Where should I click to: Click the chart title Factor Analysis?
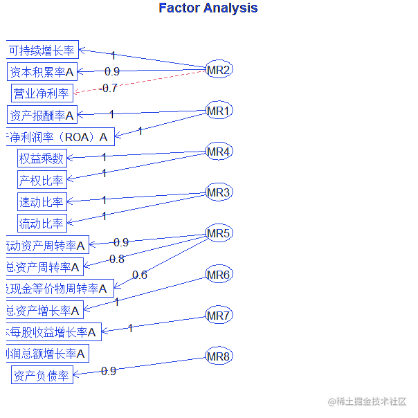tap(208, 8)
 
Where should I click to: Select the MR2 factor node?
tap(219, 70)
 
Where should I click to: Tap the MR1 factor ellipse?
tap(219, 111)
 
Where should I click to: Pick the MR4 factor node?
tap(219, 152)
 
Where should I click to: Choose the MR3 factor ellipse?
tap(219, 192)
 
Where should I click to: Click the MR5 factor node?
tap(219, 233)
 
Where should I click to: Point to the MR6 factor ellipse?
tap(219, 275)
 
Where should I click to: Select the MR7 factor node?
tap(219, 316)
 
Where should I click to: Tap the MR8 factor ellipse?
tap(219, 356)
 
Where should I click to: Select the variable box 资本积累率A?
tap(42, 72)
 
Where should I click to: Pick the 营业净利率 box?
tap(42, 93)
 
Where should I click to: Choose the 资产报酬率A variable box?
tap(42, 116)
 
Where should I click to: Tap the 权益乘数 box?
tap(42, 158)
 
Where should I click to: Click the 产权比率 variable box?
tap(42, 181)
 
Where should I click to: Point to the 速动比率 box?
tap(42, 202)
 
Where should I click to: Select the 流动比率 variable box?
tap(42, 224)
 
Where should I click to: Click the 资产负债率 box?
tap(42, 376)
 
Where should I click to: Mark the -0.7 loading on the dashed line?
tap(109, 88)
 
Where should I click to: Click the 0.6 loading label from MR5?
tap(139, 275)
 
